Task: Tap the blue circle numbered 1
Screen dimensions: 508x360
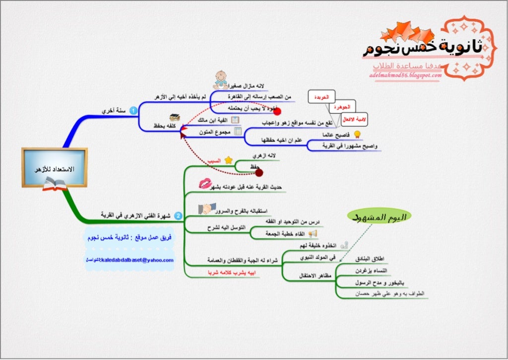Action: [x=133, y=111]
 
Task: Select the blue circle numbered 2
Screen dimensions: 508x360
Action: [x=179, y=216]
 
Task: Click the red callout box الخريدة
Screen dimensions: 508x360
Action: [x=321, y=97]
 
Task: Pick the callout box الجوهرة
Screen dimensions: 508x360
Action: [x=342, y=107]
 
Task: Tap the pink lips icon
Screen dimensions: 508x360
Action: [x=205, y=184]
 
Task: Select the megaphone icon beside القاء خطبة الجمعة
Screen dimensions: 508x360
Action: [x=313, y=233]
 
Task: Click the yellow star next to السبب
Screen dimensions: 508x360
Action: [x=228, y=160]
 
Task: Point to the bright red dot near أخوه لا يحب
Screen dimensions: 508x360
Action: [x=277, y=112]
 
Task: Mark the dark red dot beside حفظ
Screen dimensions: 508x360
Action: [x=259, y=172]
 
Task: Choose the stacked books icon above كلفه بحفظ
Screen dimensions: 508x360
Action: [x=174, y=118]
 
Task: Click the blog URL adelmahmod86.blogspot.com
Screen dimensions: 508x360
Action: [x=406, y=75]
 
